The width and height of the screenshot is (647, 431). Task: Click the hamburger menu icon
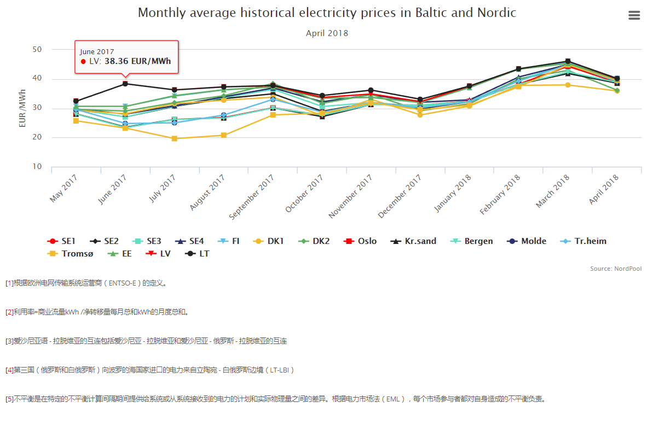(634, 15)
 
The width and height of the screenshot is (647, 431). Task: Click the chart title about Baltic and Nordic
(327, 13)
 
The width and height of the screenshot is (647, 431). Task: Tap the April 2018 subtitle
(327, 33)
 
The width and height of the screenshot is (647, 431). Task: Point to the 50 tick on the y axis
(37, 50)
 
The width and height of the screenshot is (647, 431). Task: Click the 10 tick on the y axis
(37, 167)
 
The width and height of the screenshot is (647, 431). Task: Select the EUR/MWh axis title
(23, 108)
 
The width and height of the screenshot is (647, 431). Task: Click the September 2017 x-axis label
(251, 197)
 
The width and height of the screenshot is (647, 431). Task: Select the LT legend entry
(198, 254)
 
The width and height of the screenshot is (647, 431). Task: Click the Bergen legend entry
(473, 241)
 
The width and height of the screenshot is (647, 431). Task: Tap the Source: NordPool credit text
(616, 269)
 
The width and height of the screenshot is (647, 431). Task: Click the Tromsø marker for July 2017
(175, 138)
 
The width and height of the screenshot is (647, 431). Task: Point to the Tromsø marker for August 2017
(223, 135)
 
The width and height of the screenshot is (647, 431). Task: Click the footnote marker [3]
(9, 341)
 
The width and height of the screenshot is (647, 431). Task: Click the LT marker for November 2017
(371, 90)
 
